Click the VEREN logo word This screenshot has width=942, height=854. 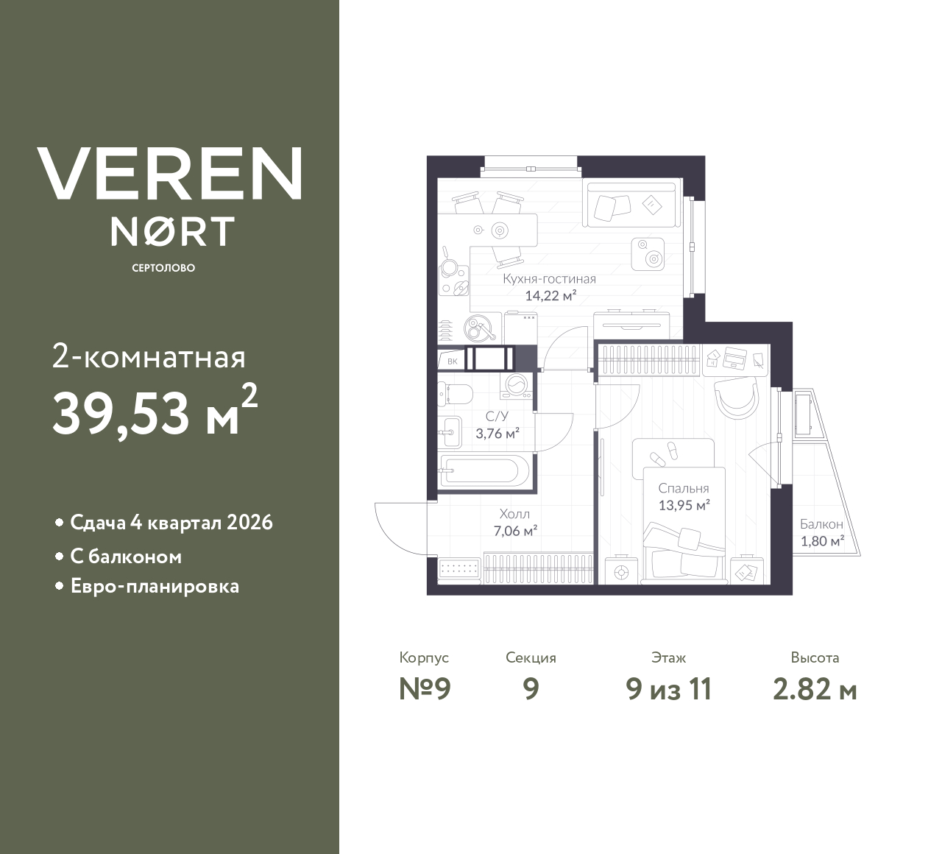169,174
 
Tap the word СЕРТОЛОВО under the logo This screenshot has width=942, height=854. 163,268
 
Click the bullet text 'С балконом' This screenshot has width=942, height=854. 126,557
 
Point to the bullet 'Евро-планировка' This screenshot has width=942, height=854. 155,587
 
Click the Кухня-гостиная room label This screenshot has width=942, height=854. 549,279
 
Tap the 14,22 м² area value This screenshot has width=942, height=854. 550,296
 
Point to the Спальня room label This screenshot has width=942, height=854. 683,488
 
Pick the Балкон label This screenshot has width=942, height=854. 821,525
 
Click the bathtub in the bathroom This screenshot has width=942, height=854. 484,471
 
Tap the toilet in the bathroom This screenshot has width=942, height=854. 458,394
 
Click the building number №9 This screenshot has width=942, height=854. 424,689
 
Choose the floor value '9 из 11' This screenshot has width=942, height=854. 668,689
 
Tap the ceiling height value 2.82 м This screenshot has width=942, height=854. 815,689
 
